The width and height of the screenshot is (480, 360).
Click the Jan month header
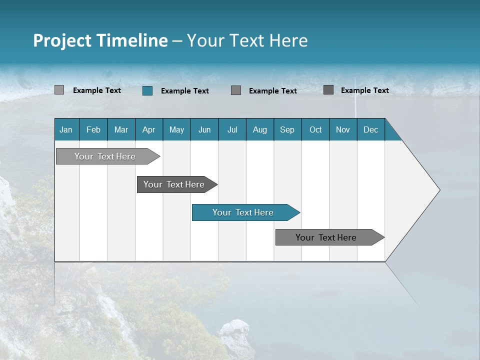(x=66, y=130)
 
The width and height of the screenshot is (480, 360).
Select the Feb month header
(x=93, y=130)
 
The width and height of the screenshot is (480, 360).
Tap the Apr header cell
(x=149, y=130)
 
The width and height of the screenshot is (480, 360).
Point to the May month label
(x=176, y=130)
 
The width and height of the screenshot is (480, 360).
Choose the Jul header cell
(x=232, y=130)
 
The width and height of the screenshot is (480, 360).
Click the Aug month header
(x=260, y=130)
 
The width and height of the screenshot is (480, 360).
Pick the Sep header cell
(x=287, y=130)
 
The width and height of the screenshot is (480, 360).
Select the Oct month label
(x=315, y=130)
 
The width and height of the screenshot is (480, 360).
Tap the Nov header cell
(x=343, y=130)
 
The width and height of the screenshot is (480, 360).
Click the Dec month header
(x=371, y=130)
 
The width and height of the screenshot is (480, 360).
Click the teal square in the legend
(x=147, y=90)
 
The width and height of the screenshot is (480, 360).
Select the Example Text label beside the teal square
(x=185, y=91)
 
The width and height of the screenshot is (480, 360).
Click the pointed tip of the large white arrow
(x=438, y=190)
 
